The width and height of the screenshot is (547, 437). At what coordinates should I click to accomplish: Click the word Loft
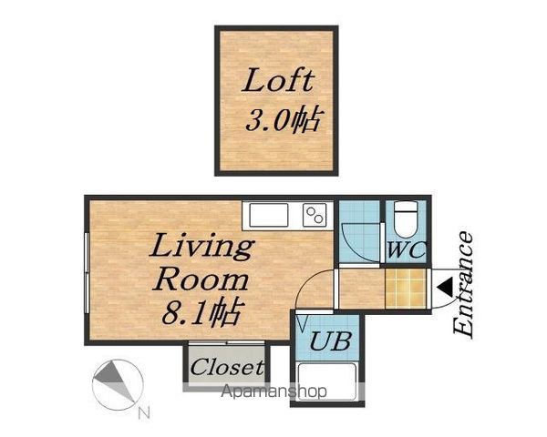(278, 80)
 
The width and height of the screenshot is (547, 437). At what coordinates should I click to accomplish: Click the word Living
(201, 247)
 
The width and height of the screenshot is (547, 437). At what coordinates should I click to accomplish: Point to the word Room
(201, 280)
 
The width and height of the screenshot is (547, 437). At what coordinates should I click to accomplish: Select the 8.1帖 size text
(201, 311)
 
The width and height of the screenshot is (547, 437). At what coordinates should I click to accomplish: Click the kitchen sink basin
(269, 215)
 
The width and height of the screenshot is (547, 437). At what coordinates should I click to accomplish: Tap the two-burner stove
(315, 215)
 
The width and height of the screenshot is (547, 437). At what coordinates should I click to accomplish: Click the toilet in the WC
(406, 219)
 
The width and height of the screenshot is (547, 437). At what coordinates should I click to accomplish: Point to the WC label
(407, 249)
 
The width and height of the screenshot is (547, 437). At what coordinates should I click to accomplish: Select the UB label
(330, 340)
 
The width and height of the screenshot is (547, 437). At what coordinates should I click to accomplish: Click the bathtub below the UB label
(327, 381)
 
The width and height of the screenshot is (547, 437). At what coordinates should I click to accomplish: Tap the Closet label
(227, 367)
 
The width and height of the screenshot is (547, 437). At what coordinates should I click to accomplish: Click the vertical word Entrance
(463, 285)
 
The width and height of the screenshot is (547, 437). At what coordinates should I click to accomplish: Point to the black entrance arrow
(445, 287)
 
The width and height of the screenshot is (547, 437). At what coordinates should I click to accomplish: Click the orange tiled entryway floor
(406, 289)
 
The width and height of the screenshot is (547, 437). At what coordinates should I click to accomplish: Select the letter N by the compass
(144, 413)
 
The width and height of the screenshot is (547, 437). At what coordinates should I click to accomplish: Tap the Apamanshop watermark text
(273, 391)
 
